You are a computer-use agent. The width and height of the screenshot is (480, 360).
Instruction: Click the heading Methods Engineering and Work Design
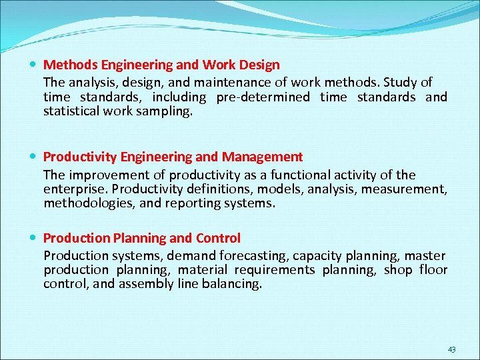coord(161,65)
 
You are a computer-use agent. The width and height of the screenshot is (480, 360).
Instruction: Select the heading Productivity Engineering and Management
coord(173,157)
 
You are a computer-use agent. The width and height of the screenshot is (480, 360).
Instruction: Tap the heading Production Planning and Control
coord(142,238)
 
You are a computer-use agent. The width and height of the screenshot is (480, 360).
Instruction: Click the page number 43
coord(451,349)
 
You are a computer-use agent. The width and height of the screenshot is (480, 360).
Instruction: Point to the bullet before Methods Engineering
coord(34,65)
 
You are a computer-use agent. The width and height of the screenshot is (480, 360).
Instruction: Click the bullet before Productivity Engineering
coord(34,157)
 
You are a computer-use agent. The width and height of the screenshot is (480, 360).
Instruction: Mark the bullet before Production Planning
coord(34,239)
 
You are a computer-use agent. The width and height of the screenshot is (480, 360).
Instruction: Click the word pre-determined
coord(263,97)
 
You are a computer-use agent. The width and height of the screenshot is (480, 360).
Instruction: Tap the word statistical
coord(71,111)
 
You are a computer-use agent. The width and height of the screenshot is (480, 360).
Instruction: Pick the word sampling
coord(168,111)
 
